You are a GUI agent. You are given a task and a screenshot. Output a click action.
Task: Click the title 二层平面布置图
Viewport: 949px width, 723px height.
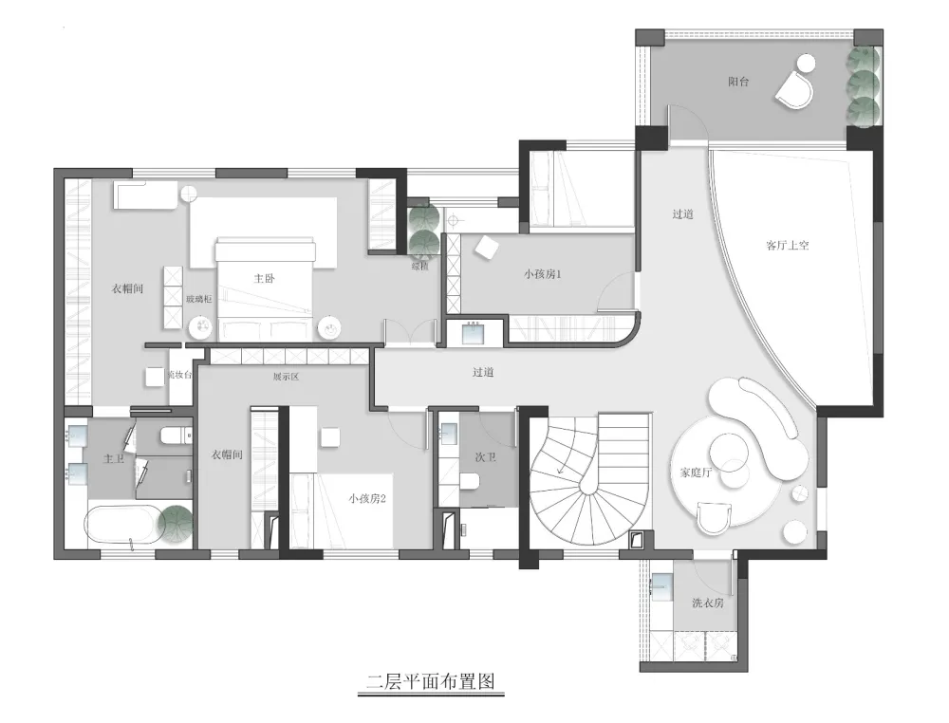coord(431,681)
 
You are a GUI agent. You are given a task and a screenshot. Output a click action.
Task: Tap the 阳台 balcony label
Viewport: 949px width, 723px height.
coord(738,83)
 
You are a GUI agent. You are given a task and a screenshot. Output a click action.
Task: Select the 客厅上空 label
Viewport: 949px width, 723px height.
coord(787,245)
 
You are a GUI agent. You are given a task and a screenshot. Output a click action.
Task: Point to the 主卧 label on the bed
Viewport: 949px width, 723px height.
coord(264,279)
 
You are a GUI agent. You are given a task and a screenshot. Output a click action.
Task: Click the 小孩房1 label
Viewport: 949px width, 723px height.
coord(543,273)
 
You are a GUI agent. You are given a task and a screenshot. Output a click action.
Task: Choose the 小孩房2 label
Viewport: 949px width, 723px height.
coord(366,497)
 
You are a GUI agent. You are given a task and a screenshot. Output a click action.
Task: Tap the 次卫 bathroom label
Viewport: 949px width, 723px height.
coord(486,456)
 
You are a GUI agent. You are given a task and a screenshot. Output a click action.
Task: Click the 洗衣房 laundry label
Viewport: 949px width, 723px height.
coord(707,602)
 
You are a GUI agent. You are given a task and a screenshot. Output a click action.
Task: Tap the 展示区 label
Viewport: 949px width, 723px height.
coord(286,376)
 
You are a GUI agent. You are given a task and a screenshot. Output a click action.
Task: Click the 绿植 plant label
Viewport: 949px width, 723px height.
coord(419,267)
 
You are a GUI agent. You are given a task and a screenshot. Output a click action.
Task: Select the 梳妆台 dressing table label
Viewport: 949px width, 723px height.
coord(179,375)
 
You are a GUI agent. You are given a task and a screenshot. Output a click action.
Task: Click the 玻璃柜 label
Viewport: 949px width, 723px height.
coord(199,298)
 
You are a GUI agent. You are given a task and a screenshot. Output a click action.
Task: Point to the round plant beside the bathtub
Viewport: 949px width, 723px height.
coord(176,525)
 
